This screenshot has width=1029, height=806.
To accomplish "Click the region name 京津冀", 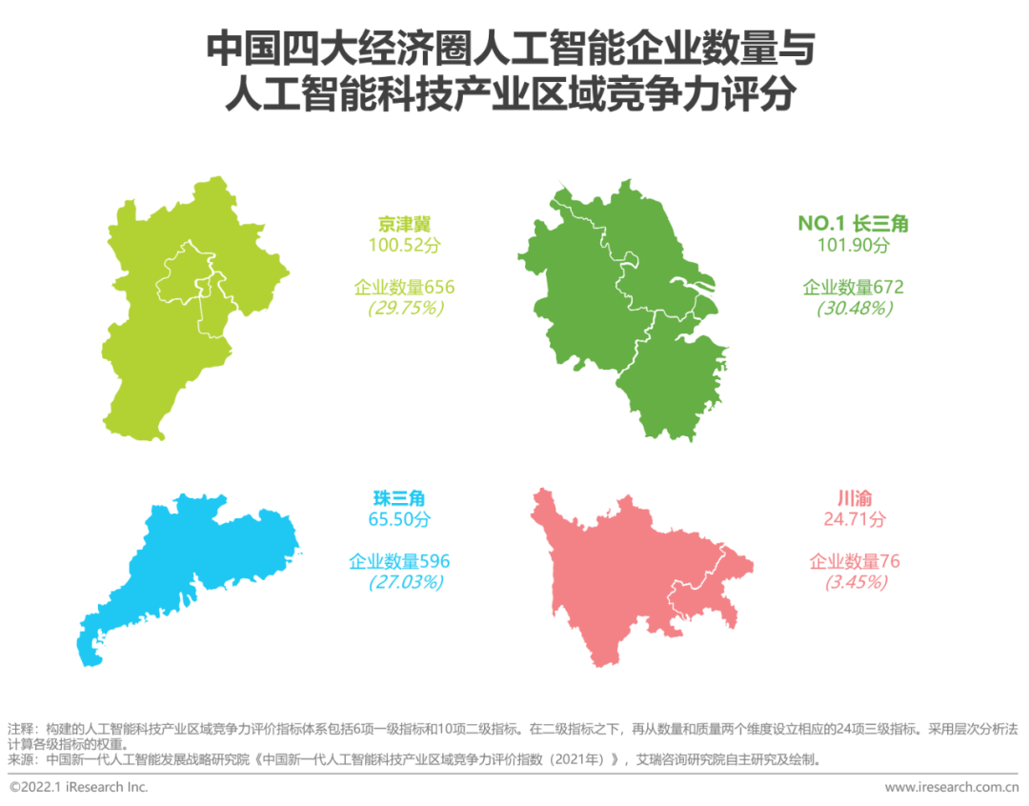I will click(405, 225).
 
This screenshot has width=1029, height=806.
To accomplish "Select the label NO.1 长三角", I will click(853, 224).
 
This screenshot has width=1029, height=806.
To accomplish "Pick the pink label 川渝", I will click(855, 498).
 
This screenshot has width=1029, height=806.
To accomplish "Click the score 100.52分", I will click(405, 246).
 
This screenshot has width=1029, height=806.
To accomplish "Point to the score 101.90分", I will click(853, 246).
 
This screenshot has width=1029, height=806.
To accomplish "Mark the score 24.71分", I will click(855, 519).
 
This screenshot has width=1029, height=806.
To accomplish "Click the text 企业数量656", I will click(405, 287).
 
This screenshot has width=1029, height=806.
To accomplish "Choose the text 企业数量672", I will click(853, 287).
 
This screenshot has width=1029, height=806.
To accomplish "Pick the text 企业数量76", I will click(855, 560).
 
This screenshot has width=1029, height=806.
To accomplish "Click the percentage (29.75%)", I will click(405, 308).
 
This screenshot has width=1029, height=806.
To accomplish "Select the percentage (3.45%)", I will click(855, 581).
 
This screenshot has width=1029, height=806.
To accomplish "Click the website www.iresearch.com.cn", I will click(952, 788).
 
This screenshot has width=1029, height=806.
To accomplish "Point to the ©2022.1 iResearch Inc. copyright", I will click(78, 788).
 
